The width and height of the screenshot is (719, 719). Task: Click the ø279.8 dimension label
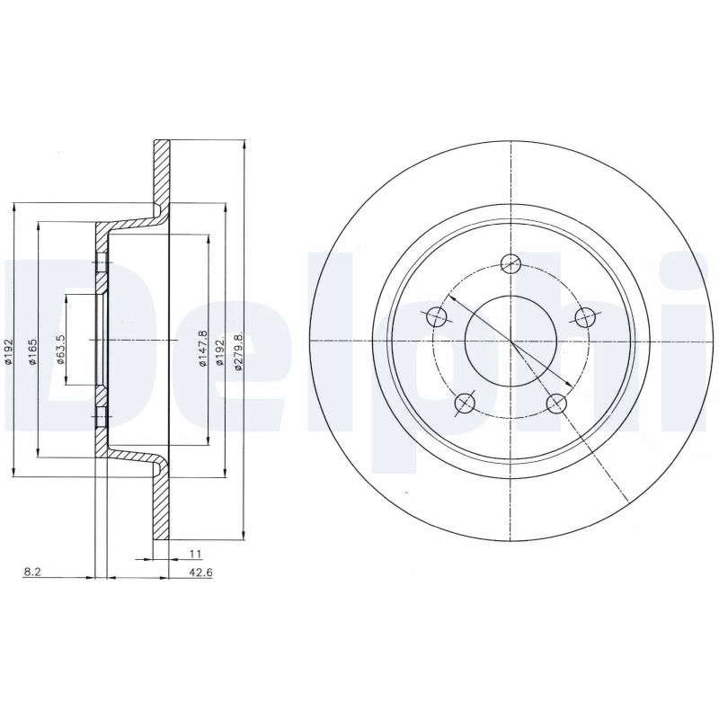(237, 351)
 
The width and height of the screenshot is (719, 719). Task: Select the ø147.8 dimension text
(202, 349)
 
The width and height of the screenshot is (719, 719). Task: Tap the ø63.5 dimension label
(61, 349)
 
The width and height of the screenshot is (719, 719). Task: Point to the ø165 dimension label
(32, 352)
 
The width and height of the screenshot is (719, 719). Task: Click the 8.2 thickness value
(32, 573)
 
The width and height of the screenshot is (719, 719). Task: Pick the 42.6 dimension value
(200, 573)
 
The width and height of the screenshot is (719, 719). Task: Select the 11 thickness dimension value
(195, 554)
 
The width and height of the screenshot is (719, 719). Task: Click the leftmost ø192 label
(8, 352)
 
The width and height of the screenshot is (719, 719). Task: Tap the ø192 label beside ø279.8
(219, 352)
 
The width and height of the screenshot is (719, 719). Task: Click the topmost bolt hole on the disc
(510, 263)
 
